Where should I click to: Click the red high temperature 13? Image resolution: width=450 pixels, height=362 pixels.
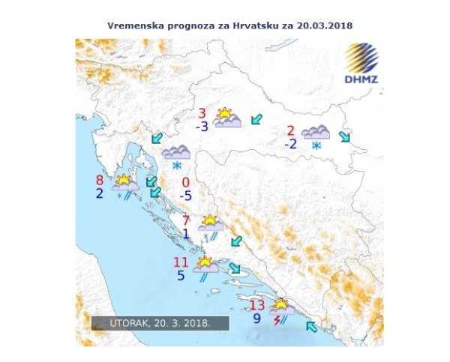pos(257,305)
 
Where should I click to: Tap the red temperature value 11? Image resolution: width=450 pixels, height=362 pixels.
pos(181,262)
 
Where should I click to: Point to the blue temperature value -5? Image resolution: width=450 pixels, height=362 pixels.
pos(186,196)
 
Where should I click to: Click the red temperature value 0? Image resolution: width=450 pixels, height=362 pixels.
pos(185,183)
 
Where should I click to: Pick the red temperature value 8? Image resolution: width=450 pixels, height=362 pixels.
pos(100,180)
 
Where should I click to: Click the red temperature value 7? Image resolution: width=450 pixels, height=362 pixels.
pos(186,220)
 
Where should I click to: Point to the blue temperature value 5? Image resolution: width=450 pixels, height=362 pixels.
pos(181,275)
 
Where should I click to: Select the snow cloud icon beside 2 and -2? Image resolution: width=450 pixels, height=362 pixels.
pos(316,136)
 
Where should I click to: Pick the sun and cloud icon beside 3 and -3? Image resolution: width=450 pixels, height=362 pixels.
pos(227,118)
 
